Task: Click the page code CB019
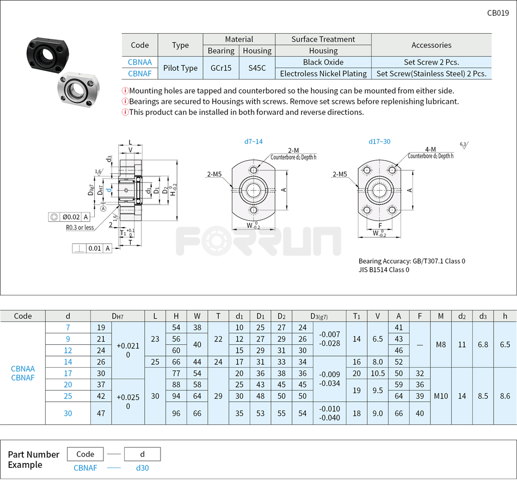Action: point(497,13)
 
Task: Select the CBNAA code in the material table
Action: point(140,62)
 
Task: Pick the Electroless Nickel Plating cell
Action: point(323,74)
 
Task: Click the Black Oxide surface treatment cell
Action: point(323,62)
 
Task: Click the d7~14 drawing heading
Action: point(253,142)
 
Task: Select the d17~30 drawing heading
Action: point(379,142)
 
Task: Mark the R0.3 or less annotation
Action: point(80,228)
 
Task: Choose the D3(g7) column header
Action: point(318,316)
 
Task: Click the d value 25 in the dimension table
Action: point(67,396)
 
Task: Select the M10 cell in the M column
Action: point(441,396)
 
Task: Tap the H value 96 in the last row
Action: point(176,413)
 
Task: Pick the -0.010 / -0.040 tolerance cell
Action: point(329,413)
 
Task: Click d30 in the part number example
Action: point(142,468)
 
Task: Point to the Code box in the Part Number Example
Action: point(85,454)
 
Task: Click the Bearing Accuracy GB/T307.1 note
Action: point(411,261)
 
